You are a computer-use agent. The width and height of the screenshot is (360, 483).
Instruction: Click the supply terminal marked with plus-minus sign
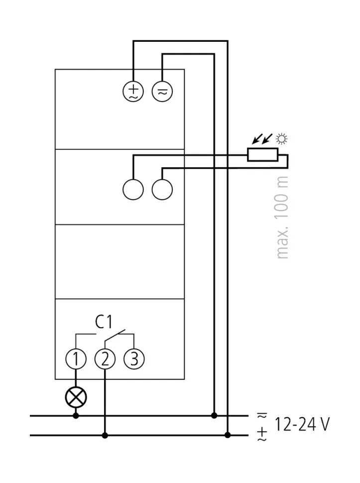(x=133, y=91)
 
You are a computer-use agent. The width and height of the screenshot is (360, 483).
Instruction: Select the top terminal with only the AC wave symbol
(x=162, y=91)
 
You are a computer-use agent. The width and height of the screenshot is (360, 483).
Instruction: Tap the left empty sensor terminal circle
(x=133, y=189)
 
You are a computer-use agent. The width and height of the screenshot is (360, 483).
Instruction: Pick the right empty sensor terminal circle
(x=162, y=189)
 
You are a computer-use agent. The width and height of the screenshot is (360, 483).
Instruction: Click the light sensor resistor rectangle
(x=262, y=155)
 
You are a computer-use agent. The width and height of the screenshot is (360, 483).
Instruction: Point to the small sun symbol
(x=283, y=139)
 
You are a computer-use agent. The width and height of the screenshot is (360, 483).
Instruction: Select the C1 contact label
(x=104, y=322)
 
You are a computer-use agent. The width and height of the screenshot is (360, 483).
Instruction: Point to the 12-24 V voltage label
(x=302, y=424)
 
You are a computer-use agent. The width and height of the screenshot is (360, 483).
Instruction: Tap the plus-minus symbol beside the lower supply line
(x=262, y=434)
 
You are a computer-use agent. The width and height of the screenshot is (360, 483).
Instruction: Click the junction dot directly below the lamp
(x=76, y=415)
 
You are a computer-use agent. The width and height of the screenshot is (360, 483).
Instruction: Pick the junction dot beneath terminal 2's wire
(x=105, y=435)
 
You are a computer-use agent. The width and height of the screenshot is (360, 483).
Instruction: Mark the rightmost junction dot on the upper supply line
(x=214, y=415)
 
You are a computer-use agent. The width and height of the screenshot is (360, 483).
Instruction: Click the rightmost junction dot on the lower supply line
(x=228, y=435)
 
